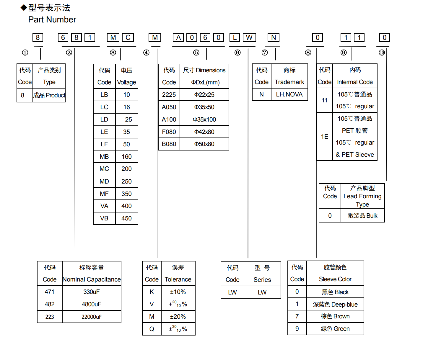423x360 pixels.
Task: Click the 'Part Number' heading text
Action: [52, 19]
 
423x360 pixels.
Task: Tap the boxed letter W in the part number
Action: [249, 37]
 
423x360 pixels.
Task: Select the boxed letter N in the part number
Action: [273, 37]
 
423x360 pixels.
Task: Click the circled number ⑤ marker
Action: [196, 53]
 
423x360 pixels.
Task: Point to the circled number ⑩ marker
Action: [382, 53]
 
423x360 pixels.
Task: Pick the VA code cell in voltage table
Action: [104, 206]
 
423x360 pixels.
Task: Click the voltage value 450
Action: [126, 218]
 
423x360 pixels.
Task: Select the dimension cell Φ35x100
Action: [204, 120]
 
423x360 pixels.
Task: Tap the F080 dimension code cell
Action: [169, 132]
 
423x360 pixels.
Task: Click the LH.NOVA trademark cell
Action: [289, 94]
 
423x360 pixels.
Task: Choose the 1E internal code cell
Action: [324, 137]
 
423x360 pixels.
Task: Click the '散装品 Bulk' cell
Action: [362, 216]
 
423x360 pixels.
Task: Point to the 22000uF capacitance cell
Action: [92, 317]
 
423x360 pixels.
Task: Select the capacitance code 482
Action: [50, 304]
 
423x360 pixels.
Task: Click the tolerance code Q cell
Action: [152, 329]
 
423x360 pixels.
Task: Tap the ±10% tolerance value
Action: [178, 292]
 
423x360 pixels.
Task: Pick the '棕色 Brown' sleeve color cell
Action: [335, 316]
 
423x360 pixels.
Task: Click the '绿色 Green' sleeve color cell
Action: [335, 329]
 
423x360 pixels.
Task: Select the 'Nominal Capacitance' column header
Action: [92, 279]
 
